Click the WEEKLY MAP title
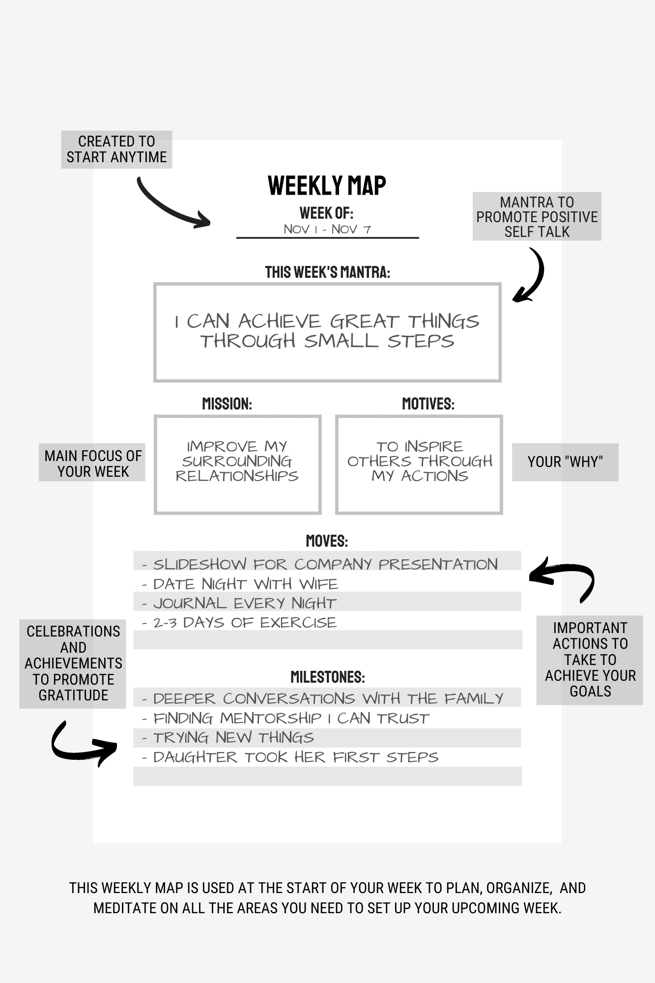(x=327, y=186)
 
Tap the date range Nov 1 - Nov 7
(x=327, y=229)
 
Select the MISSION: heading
(x=227, y=404)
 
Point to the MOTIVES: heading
(x=428, y=404)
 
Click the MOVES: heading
(x=327, y=541)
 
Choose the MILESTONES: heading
(x=327, y=677)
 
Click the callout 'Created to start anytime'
(x=116, y=149)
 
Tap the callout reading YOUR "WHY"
(x=565, y=462)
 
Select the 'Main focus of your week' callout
(x=92, y=463)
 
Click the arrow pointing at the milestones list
(x=81, y=745)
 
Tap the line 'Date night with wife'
(x=245, y=584)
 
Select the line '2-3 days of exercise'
(x=245, y=623)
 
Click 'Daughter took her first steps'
(x=295, y=757)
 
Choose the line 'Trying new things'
(x=233, y=738)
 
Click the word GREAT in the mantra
(x=364, y=322)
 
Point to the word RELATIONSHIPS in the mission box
(x=237, y=476)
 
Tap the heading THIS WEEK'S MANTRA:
(x=327, y=272)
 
